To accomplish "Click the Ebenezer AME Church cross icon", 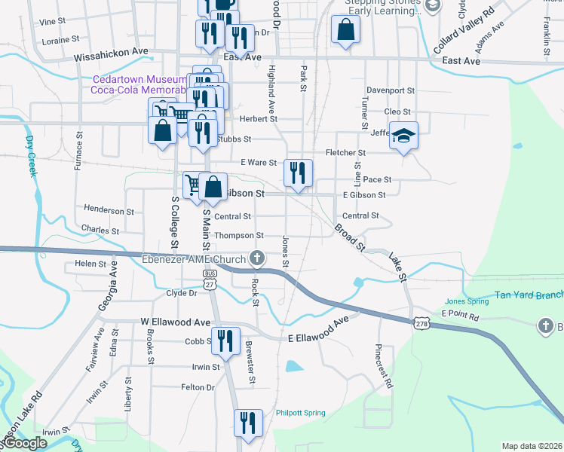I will click(x=257, y=258).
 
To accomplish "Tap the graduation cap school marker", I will click(x=403, y=137).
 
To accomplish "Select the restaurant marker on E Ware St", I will click(x=298, y=173).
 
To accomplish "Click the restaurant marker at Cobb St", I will click(x=225, y=341).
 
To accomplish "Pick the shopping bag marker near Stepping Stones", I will click(x=345, y=31).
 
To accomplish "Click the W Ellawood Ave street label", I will click(x=175, y=322).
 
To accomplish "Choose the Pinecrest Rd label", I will click(x=384, y=367).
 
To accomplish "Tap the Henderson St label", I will click(x=109, y=211).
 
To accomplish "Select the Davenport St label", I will click(x=391, y=90).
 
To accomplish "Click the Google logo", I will click(x=26, y=443).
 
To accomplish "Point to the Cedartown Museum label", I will click(x=139, y=80).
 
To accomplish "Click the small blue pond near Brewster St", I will click(x=293, y=368).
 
